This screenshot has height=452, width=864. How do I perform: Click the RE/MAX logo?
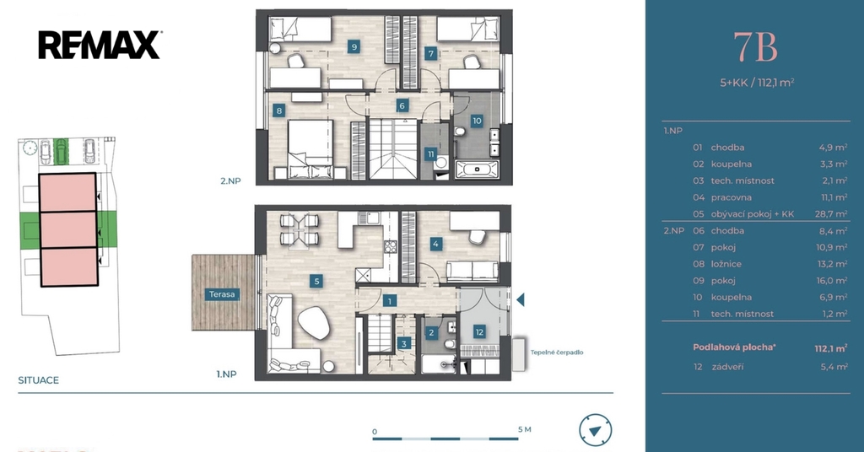tap(100, 46)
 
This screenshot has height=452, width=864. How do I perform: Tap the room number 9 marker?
tap(354, 46)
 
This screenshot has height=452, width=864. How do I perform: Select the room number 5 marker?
tap(316, 282)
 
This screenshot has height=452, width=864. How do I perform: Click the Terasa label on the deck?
tap(222, 294)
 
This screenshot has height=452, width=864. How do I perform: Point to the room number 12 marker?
tap(479, 332)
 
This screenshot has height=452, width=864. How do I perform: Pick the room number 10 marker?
tap(477, 121)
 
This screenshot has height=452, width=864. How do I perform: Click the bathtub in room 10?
tap(478, 169)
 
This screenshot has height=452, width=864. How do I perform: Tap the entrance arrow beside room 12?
tap(520, 299)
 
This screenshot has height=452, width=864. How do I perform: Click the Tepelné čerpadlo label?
tap(557, 352)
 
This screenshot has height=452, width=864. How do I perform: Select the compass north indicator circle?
tap(595, 431)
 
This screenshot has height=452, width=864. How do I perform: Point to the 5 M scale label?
tap(525, 429)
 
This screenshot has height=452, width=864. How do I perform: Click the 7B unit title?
tap(755, 47)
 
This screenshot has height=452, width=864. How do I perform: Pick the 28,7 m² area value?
tap(831, 214)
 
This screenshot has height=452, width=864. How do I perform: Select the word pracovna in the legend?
tap(732, 197)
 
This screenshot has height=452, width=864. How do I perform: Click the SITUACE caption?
tap(39, 379)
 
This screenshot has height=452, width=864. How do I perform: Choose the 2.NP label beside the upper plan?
tap(231, 180)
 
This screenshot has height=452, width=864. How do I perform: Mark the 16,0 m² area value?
tap(832, 280)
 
